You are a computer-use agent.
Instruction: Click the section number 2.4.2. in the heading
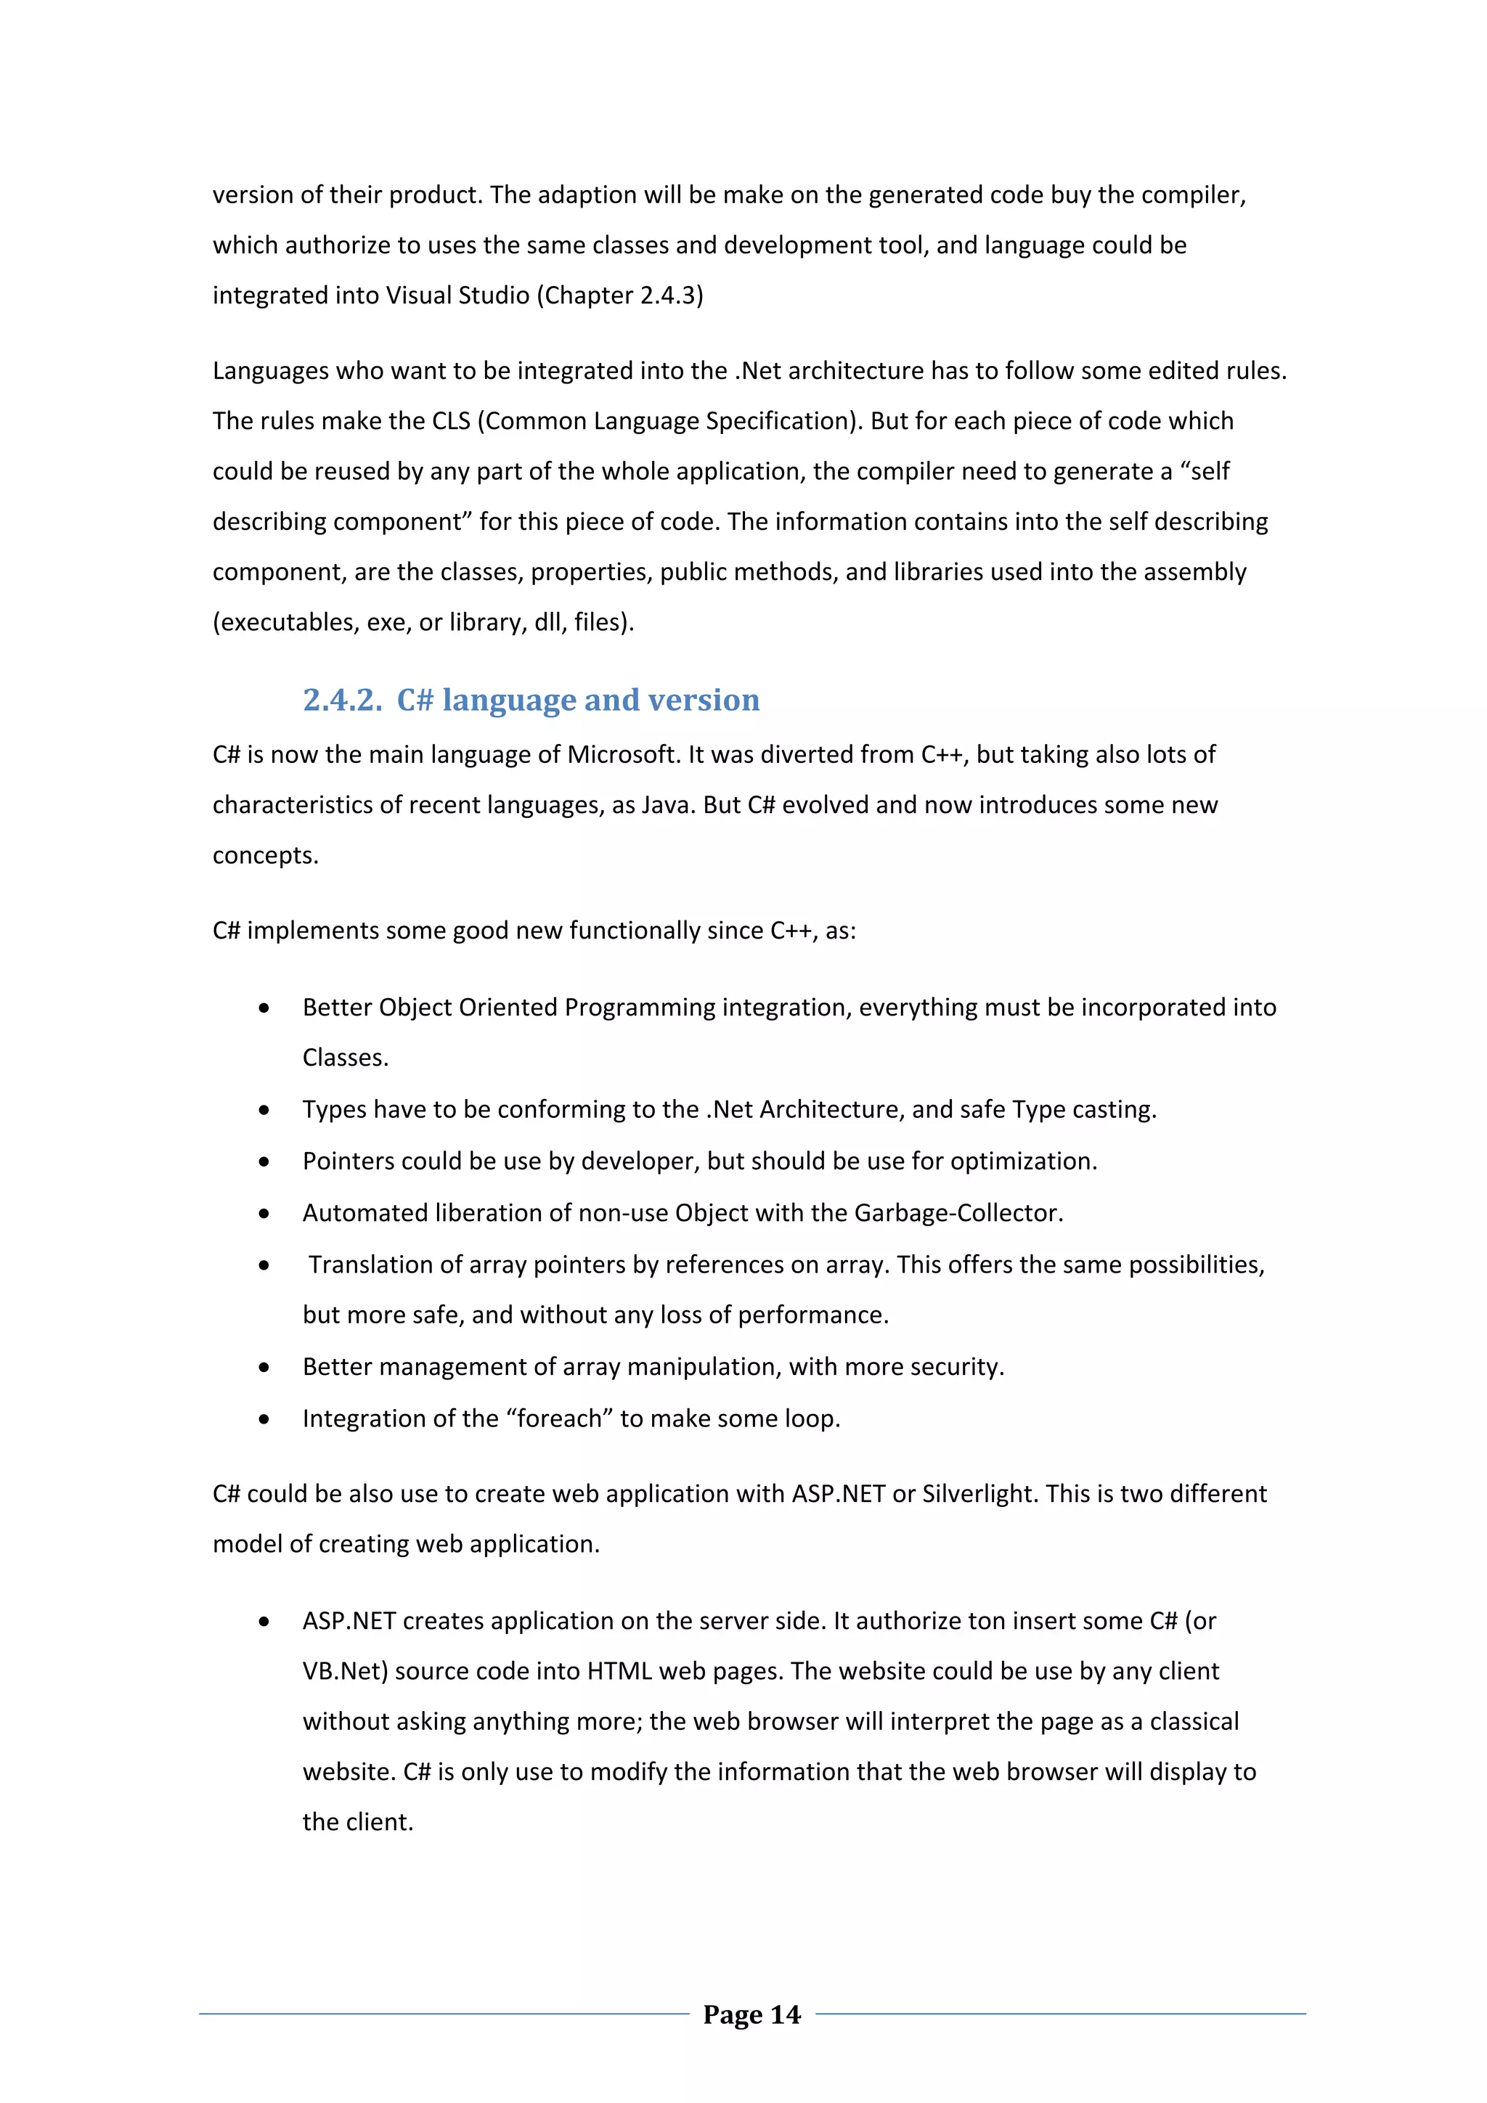click(x=343, y=700)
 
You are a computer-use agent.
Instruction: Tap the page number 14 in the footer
click(x=785, y=2014)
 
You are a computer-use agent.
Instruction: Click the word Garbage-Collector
click(x=958, y=1213)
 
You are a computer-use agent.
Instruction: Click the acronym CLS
click(x=451, y=421)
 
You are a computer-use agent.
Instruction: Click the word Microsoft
click(x=622, y=755)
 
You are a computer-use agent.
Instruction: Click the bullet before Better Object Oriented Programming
click(x=264, y=1008)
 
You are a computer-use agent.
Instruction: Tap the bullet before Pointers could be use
click(x=264, y=1162)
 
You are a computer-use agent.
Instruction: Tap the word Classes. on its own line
click(x=346, y=1058)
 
